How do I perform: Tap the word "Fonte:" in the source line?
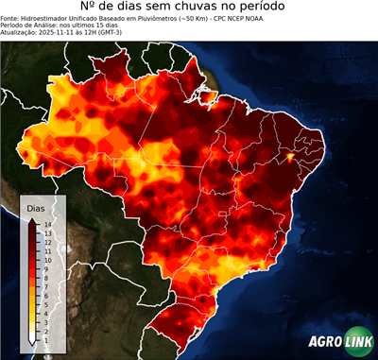pyautogui.click(x=11, y=19)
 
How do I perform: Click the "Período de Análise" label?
pyautogui.click(x=28, y=26)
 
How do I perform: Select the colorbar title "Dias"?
pyautogui.click(x=35, y=207)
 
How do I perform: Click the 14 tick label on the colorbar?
pyautogui.click(x=45, y=224)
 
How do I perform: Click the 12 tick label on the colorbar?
pyautogui.click(x=45, y=241)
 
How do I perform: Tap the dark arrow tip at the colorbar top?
pyautogui.click(x=32, y=219)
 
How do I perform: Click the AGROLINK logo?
pyautogui.click(x=339, y=341)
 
